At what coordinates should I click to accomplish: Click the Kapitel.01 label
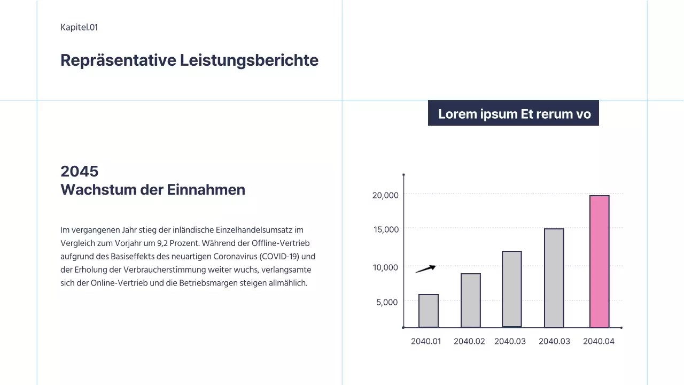pyautogui.click(x=79, y=27)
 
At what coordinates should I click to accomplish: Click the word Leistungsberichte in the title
pyautogui.click(x=249, y=60)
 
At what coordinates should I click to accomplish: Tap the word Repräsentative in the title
pyautogui.click(x=118, y=60)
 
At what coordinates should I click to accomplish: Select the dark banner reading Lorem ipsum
pyautogui.click(x=513, y=113)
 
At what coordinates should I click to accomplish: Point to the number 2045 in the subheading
pyautogui.click(x=80, y=171)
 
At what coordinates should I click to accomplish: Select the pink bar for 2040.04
pyautogui.click(x=599, y=261)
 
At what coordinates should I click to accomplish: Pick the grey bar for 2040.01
pyautogui.click(x=428, y=311)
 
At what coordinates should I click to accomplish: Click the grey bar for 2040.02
pyautogui.click(x=470, y=300)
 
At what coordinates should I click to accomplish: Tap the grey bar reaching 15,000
pyautogui.click(x=554, y=278)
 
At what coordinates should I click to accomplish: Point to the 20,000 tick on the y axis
pyautogui.click(x=385, y=195)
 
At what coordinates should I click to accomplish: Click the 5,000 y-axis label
pyautogui.click(x=387, y=302)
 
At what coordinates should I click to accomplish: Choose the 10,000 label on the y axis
pyautogui.click(x=385, y=267)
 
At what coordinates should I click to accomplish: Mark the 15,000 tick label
pyautogui.click(x=385, y=229)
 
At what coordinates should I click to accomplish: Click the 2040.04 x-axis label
pyautogui.click(x=598, y=341)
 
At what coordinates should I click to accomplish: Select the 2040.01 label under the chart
pyautogui.click(x=426, y=341)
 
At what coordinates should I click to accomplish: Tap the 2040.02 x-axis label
pyautogui.click(x=469, y=341)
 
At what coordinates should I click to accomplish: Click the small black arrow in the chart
pyautogui.click(x=426, y=268)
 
